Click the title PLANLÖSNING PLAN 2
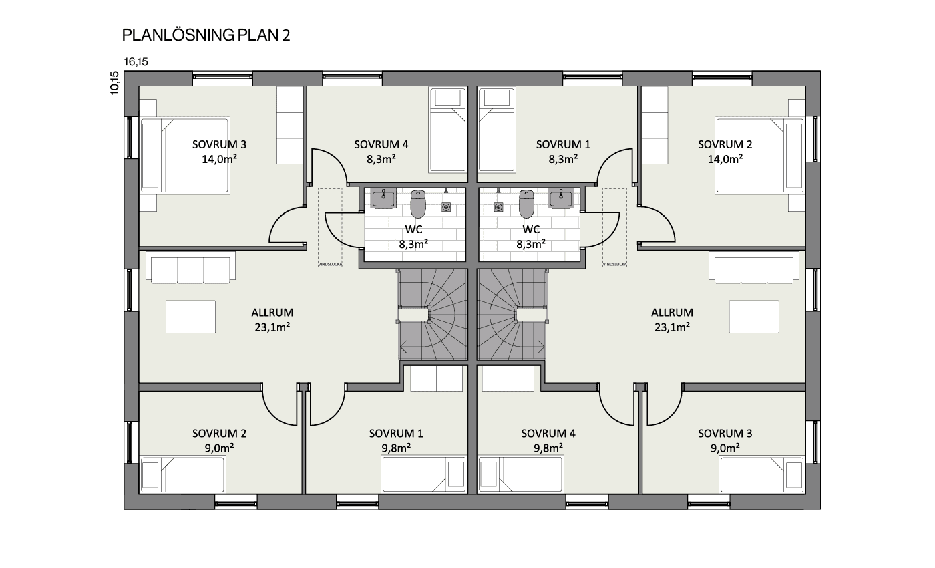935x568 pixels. pyautogui.click(x=206, y=35)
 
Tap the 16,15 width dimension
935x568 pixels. pyautogui.click(x=136, y=62)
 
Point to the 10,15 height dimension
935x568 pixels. pyautogui.click(x=114, y=83)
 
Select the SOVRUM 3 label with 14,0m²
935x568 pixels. pyautogui.click(x=220, y=152)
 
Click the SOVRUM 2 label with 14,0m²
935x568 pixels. pyautogui.click(x=725, y=152)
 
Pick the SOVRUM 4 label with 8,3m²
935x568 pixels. pyautogui.click(x=381, y=152)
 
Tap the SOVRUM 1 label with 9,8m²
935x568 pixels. pyautogui.click(x=396, y=440)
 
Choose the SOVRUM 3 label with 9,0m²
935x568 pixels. pyautogui.click(x=725, y=440)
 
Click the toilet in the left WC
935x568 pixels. pyautogui.click(x=418, y=204)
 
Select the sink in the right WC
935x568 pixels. pyautogui.click(x=561, y=198)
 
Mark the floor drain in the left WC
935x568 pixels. pyautogui.click(x=446, y=206)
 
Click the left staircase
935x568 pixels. pyautogui.click(x=433, y=315)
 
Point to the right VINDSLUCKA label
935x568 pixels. pyautogui.click(x=614, y=265)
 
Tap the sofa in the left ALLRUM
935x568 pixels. pyautogui.click(x=191, y=268)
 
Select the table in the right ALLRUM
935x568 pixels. pyautogui.click(x=754, y=317)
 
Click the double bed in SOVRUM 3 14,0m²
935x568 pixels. pyautogui.click(x=186, y=155)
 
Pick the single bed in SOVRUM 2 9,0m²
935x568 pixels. pyautogui.click(x=183, y=474)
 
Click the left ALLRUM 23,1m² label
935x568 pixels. pyautogui.click(x=272, y=320)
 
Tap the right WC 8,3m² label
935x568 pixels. pyautogui.click(x=531, y=237)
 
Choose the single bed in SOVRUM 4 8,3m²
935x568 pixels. pyautogui.click(x=447, y=130)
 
